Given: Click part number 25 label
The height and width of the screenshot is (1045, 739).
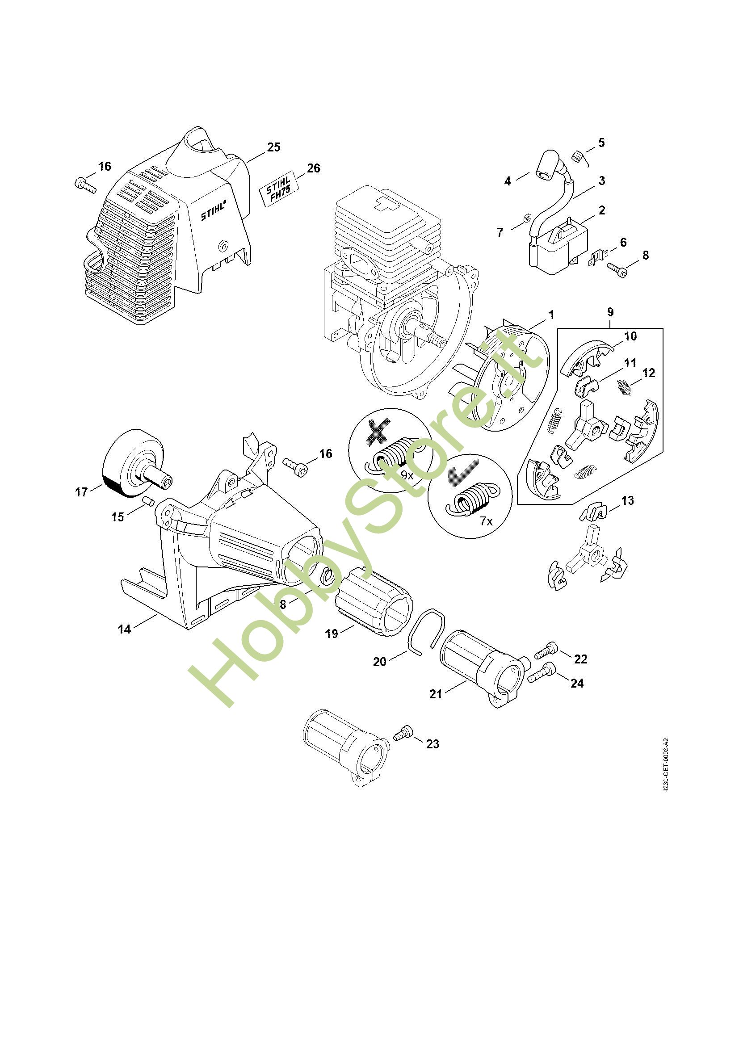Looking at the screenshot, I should (x=273, y=147).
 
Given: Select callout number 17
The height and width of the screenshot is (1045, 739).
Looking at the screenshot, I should (x=81, y=492).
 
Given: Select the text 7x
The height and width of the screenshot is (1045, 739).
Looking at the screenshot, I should (x=486, y=521).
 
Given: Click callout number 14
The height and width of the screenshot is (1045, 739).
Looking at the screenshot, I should (x=124, y=629).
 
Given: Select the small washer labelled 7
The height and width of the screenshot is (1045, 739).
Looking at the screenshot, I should (x=526, y=218).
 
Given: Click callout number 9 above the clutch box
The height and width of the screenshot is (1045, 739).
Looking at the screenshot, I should (x=610, y=312).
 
